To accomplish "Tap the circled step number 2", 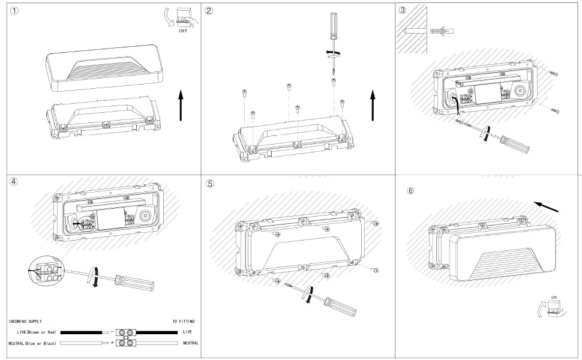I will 209,11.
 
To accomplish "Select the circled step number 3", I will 403,10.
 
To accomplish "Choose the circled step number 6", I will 410,191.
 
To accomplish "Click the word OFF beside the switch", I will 183,30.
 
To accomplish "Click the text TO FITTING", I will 184,322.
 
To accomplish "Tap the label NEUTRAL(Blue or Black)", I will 32,343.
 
